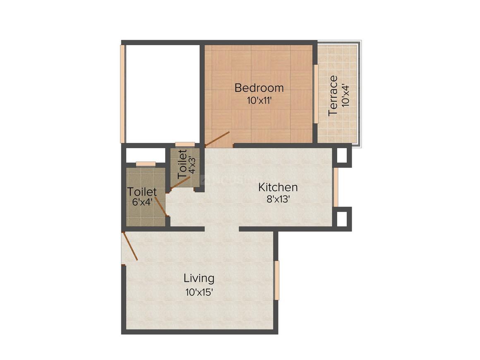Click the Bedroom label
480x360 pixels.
pyautogui.click(x=259, y=88)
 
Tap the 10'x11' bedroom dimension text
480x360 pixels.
pyautogui.click(x=259, y=100)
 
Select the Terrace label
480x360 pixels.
pyautogui.click(x=333, y=96)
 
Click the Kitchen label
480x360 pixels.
pyautogui.click(x=278, y=187)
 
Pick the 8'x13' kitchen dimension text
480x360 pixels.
pyautogui.click(x=278, y=199)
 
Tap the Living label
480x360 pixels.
pyautogui.click(x=199, y=278)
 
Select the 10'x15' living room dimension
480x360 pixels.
pyautogui.click(x=199, y=292)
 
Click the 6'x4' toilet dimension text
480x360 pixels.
pyautogui.click(x=142, y=203)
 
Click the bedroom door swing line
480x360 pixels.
pyautogui.click(x=218, y=139)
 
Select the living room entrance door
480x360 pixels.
pyautogui.click(x=130, y=247)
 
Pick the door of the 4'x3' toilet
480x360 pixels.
pyautogui.click(x=180, y=184)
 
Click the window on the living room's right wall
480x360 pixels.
pyautogui.click(x=277, y=280)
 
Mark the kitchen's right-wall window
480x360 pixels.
pyautogui.click(x=336, y=187)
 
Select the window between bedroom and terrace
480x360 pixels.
pyautogui.click(x=315, y=94)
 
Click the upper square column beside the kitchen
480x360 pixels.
pyautogui.click(x=342, y=155)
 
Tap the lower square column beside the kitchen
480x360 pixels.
pyautogui.click(x=342, y=218)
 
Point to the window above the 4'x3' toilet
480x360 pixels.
pyautogui.click(x=185, y=144)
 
